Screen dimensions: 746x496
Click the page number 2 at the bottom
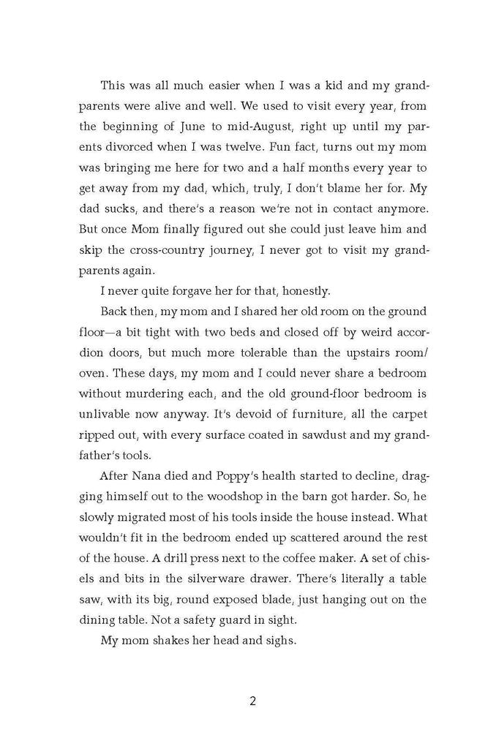[x=252, y=702]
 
